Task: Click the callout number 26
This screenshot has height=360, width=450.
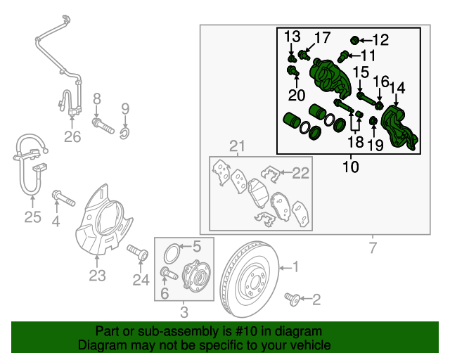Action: (x=72, y=137)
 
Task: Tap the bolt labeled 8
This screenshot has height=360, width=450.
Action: (x=103, y=126)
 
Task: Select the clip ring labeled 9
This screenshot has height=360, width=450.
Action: (x=125, y=133)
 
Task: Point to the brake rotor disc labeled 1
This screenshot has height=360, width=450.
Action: (x=250, y=279)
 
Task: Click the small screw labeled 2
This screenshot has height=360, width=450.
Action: (x=292, y=299)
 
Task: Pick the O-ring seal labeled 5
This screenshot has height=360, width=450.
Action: (x=172, y=253)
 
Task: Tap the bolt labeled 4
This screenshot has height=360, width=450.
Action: (x=63, y=198)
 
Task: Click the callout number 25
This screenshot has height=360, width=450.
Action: (x=33, y=217)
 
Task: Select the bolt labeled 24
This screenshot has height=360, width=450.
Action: (x=138, y=252)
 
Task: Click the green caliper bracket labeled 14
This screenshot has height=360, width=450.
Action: (x=399, y=128)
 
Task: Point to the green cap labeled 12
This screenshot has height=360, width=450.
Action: (x=354, y=41)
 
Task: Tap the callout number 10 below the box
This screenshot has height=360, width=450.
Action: (x=351, y=167)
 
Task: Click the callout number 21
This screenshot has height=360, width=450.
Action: (x=238, y=146)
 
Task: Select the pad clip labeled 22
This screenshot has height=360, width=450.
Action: (x=270, y=174)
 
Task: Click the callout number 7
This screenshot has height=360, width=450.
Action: (x=373, y=247)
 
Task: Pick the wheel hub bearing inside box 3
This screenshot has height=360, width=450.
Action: (x=197, y=274)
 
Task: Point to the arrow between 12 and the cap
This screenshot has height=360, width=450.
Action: (x=366, y=41)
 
